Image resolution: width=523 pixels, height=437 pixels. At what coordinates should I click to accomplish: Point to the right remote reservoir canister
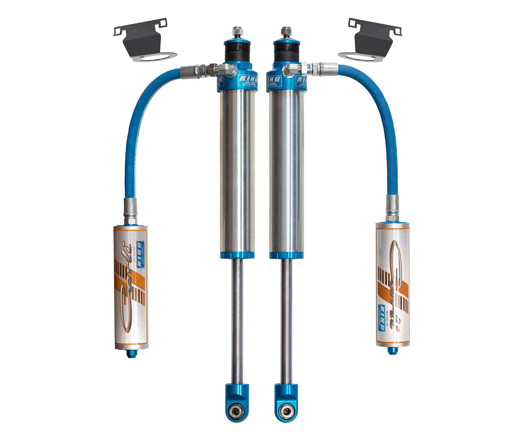coord(393,284)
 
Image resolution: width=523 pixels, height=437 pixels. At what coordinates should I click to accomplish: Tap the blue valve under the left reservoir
coord(131,354)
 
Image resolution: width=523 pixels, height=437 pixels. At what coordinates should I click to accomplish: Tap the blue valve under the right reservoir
coord(392,350)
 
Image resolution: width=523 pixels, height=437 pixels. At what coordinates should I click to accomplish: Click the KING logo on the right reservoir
coord(381,317)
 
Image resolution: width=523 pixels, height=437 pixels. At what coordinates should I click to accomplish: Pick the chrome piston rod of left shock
coord(237,320)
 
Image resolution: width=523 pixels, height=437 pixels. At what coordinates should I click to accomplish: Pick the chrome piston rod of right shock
coord(286,320)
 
